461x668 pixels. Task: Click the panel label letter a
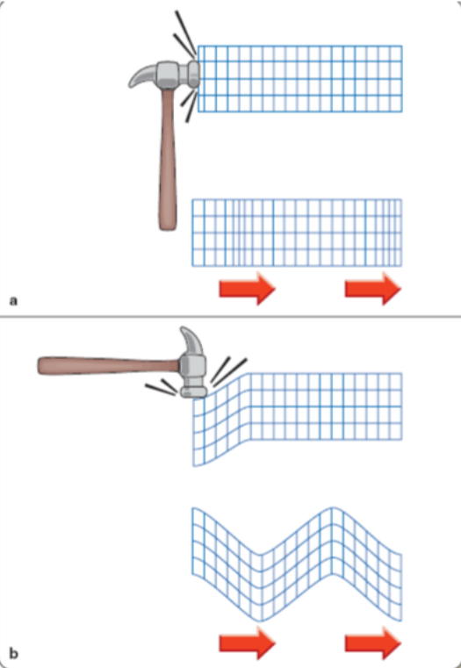tap(12, 300)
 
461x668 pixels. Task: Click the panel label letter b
tap(12, 652)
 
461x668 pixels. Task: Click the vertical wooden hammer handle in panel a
tap(168, 167)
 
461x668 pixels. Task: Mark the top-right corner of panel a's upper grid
tap(402, 46)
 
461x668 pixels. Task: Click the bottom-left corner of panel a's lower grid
tap(192, 265)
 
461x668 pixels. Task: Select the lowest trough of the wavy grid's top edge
tap(261, 553)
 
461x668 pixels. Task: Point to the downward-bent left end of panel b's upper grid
tap(195, 439)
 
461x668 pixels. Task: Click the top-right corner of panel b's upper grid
tap(402, 373)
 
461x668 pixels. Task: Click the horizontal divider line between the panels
tap(230, 316)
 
